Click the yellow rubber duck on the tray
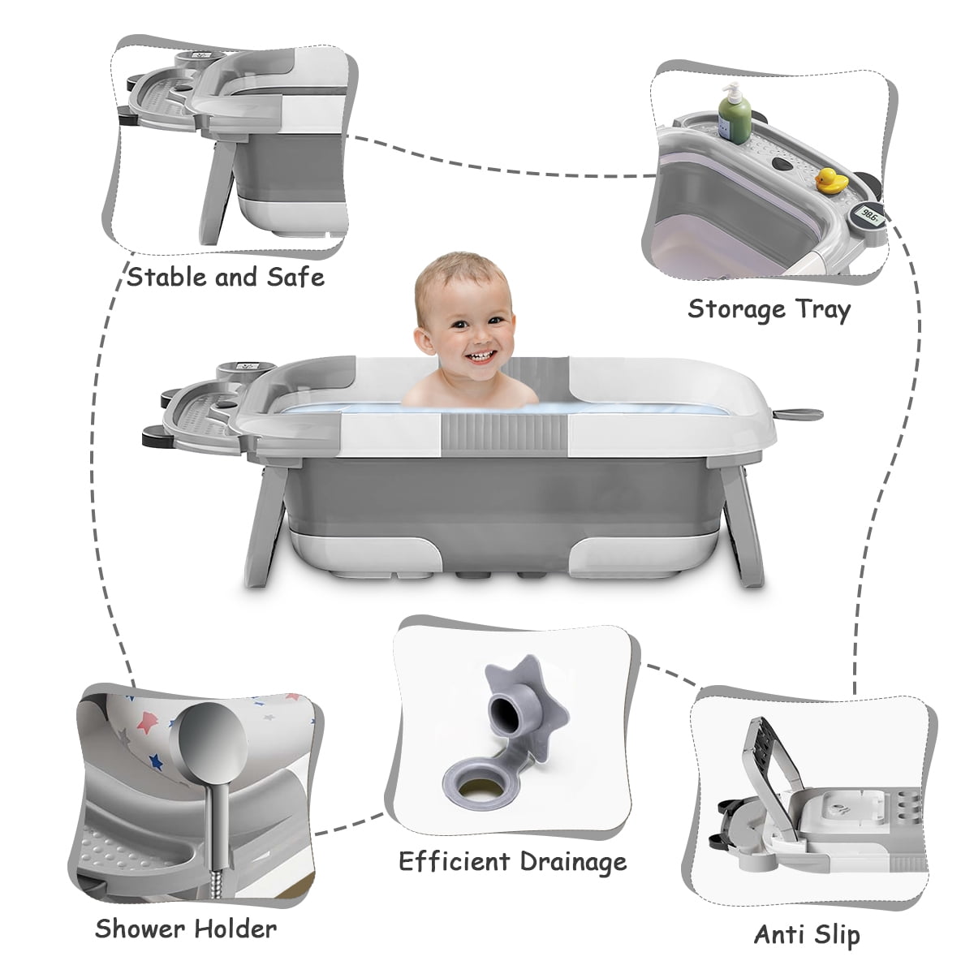click(829, 180)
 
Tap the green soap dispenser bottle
click(735, 114)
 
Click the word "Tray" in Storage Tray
click(823, 310)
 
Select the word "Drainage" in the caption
click(574, 862)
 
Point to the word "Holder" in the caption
click(236, 928)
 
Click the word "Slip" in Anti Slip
click(835, 934)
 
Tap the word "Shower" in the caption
click(140, 928)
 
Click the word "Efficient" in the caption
click(455, 861)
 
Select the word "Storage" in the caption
click(736, 309)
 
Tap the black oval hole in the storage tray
click(783, 164)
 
